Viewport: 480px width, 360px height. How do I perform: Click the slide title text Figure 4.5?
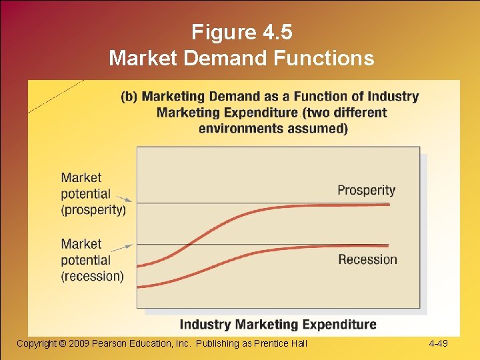click(x=241, y=32)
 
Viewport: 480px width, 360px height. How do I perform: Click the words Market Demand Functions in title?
click(x=241, y=59)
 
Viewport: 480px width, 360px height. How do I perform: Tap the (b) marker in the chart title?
click(x=129, y=97)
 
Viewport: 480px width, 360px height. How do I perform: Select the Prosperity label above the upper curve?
click(x=366, y=190)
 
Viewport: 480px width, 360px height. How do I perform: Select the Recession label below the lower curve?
click(x=367, y=259)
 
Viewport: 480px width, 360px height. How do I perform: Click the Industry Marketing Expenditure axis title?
click(x=278, y=325)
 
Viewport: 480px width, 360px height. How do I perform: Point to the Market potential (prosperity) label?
click(x=93, y=194)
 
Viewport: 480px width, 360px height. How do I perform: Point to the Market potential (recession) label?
click(x=92, y=260)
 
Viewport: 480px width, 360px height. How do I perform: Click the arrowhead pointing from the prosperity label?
click(x=131, y=199)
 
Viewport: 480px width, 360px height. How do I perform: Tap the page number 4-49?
click(x=439, y=343)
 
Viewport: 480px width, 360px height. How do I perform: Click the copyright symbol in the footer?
click(x=63, y=343)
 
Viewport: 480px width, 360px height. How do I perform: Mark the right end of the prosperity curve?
click(x=388, y=204)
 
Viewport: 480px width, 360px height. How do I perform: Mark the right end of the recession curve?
click(x=388, y=245)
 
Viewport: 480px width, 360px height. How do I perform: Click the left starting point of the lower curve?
click(x=139, y=287)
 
